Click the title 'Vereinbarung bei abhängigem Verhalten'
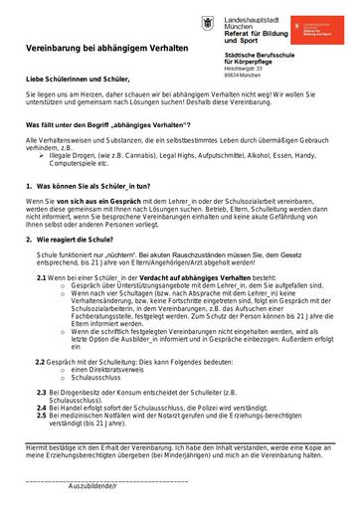click(x=106, y=46)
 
